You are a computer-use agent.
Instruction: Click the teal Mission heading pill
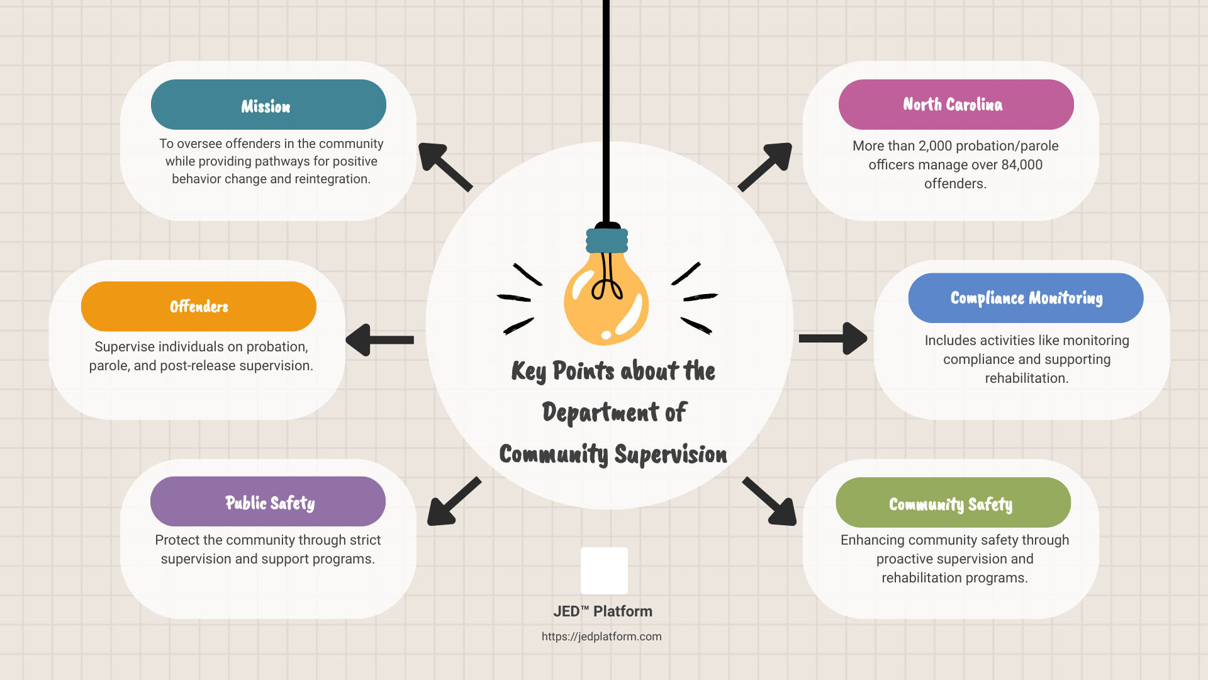[x=269, y=105]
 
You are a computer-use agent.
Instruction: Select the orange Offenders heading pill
[x=199, y=307]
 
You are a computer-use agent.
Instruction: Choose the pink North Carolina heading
[x=956, y=105]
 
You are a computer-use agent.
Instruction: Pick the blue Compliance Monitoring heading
[x=1026, y=298]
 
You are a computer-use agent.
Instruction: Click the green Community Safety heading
[x=953, y=502]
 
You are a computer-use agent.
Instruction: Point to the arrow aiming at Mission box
[x=445, y=167]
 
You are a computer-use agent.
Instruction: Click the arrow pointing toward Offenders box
[x=379, y=340]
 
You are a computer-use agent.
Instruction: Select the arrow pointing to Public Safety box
[x=454, y=501]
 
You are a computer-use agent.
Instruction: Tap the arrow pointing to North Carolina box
[x=765, y=167]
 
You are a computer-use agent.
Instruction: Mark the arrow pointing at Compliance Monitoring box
[x=833, y=339]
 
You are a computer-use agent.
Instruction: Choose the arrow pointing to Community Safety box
[x=769, y=501]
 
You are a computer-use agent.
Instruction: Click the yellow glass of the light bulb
[x=606, y=299]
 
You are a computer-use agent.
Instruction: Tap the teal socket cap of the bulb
[x=607, y=241]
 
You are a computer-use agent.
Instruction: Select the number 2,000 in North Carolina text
[x=936, y=146]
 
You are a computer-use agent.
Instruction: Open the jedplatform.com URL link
[x=601, y=637]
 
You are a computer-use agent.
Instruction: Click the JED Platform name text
[x=603, y=611]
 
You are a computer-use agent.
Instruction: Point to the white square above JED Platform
[x=604, y=570]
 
